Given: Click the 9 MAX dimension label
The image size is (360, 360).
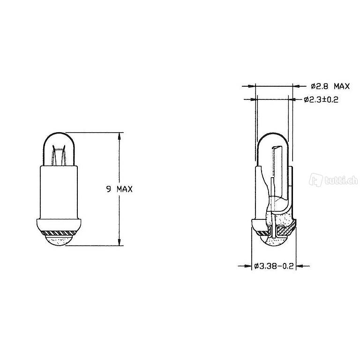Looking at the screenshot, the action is click(120, 189).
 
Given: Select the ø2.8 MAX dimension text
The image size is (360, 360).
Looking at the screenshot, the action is click(330, 86).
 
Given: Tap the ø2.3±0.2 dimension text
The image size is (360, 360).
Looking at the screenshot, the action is click(321, 100).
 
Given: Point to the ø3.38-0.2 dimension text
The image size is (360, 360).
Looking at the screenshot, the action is click(274, 266).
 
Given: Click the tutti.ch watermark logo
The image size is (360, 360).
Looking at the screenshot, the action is click(333, 180).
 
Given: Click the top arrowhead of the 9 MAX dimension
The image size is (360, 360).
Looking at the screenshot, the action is click(119, 136).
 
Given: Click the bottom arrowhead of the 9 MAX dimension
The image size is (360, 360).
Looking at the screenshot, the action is click(119, 242).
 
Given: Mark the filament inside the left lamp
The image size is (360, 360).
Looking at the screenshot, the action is click(59, 155).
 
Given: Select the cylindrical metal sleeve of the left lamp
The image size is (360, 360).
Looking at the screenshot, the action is click(59, 192).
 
